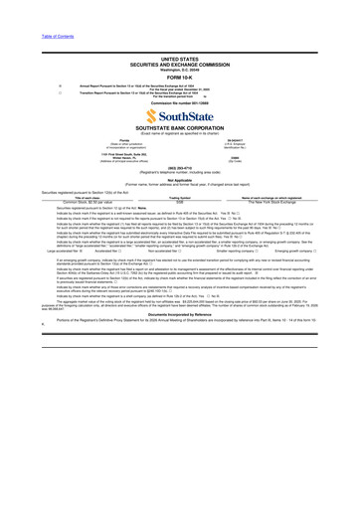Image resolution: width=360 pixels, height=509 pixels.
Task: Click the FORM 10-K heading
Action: pos(179,79)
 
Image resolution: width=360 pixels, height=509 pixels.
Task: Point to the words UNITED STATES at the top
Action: pos(179,59)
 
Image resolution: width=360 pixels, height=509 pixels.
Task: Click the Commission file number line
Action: pos(179,102)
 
